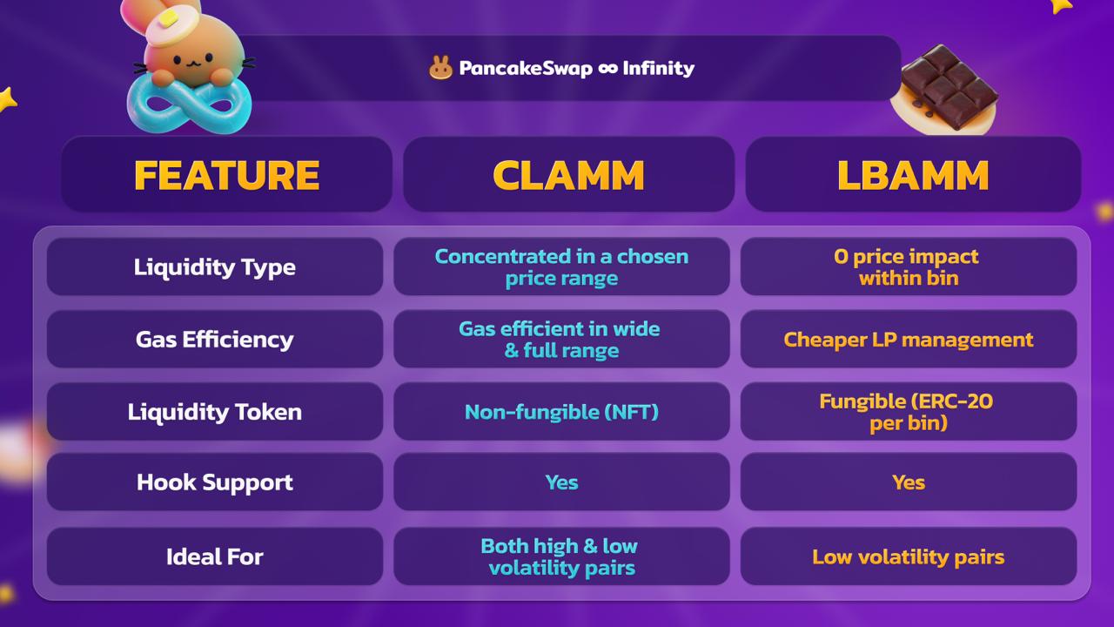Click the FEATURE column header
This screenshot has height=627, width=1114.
click(x=227, y=175)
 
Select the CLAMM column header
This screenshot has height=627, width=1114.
click(x=568, y=175)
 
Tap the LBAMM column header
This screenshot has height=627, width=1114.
click(x=913, y=175)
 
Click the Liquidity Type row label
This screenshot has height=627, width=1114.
click(x=215, y=267)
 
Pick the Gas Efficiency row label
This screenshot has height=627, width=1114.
click(x=215, y=340)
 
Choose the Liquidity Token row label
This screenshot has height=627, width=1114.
click(x=215, y=412)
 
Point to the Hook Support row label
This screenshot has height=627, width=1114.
click(x=215, y=482)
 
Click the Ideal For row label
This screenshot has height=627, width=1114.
click(x=215, y=556)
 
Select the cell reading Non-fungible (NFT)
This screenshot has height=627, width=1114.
click(x=561, y=412)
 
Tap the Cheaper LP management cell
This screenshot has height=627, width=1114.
click(x=909, y=340)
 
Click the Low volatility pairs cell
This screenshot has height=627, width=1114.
click(x=909, y=556)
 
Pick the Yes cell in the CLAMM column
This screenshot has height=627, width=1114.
click(x=561, y=482)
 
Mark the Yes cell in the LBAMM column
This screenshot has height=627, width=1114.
click(x=909, y=482)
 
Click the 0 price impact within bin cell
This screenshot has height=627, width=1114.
click(x=909, y=267)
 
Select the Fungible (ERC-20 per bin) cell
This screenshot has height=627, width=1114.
click(x=909, y=412)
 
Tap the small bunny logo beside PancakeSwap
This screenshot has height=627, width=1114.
click(x=440, y=68)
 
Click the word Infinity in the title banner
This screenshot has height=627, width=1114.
click(x=659, y=68)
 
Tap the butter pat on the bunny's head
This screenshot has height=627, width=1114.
click(x=168, y=19)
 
